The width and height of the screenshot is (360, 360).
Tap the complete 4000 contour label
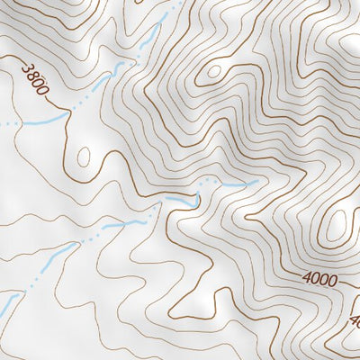coord(320,281)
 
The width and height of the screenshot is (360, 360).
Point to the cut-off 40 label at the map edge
coord(353,320)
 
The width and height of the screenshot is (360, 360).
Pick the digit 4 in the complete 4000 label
coord(307,281)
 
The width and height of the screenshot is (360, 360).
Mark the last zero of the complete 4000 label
coord(333,281)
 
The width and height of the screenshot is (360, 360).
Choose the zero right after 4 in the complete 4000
coord(316,281)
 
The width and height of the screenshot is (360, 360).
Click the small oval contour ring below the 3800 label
coord(84,157)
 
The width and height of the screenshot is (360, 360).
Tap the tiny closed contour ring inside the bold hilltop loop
coord(214,70)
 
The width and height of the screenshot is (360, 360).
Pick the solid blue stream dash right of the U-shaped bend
coord(236,185)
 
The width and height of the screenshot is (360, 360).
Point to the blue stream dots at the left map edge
coord(7,122)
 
